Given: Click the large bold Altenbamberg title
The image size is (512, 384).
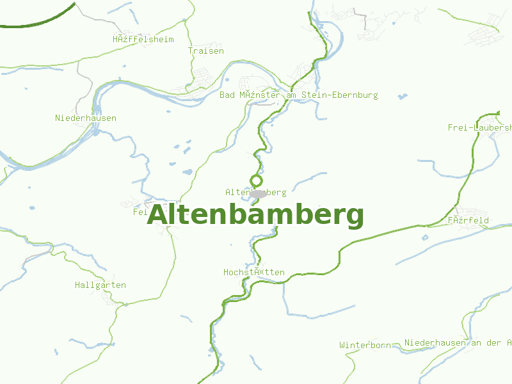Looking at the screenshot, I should (x=255, y=215).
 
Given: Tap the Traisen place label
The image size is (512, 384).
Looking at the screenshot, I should (x=206, y=51).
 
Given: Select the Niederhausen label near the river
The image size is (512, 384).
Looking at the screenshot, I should (x=86, y=118).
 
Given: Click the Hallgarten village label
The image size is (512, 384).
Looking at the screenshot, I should (x=100, y=285).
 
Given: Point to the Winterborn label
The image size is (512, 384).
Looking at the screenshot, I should (x=365, y=345).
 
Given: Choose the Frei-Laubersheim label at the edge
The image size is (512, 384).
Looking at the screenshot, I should (x=480, y=127).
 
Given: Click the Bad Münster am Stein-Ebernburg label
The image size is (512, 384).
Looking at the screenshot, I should (x=298, y=95).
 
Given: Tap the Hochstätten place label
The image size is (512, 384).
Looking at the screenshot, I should (x=254, y=272).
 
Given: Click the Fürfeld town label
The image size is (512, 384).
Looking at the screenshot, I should (x=468, y=220).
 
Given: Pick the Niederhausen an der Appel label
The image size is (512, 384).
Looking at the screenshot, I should (x=458, y=342).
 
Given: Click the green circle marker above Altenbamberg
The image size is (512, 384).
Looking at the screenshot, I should (x=257, y=180).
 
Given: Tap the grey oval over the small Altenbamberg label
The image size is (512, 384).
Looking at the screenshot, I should (x=258, y=193).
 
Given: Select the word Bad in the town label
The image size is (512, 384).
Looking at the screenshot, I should (x=227, y=95).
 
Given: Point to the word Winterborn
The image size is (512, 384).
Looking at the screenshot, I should (x=365, y=345).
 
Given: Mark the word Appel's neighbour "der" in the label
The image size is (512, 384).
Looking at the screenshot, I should (x=494, y=342).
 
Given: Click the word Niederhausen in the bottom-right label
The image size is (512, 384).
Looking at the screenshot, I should (x=435, y=342).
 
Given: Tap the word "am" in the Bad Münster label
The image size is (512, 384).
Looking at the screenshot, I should (x=293, y=95).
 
